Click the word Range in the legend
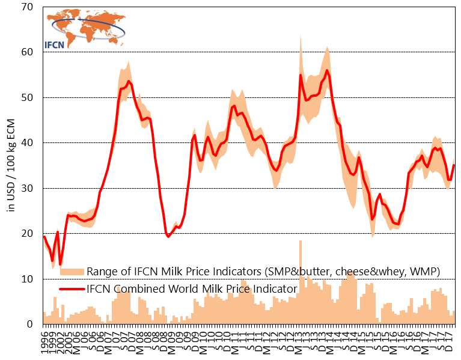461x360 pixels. coord(102,272)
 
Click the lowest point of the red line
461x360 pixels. coord(60,264)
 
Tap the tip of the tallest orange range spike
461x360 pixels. coord(301,34)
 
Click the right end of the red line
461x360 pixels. coord(454,165)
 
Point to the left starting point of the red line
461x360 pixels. coord(44,236)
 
